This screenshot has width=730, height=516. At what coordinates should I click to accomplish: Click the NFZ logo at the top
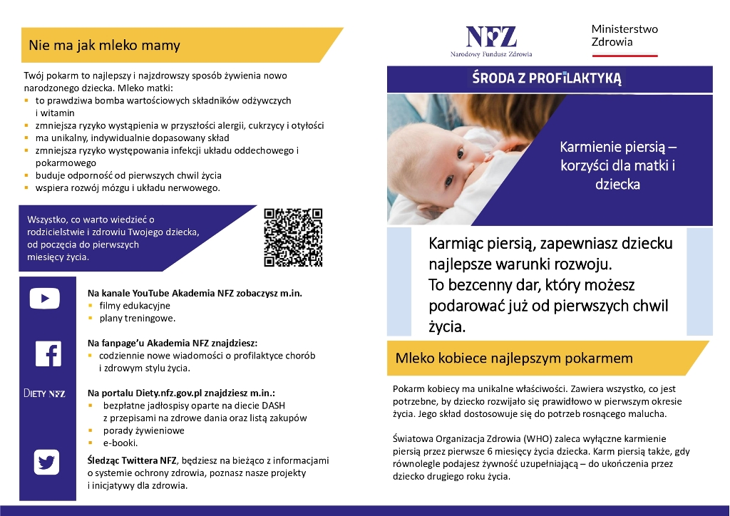click(491, 39)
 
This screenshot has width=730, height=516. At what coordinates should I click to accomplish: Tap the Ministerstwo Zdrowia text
click(624, 36)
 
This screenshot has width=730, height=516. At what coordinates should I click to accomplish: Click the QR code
click(293, 237)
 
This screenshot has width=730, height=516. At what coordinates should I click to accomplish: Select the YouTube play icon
click(44, 299)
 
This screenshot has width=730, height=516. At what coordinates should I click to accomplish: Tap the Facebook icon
click(48, 354)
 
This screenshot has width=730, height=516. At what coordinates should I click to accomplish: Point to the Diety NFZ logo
click(44, 393)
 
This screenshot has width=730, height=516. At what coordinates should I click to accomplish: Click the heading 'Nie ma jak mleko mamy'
click(104, 46)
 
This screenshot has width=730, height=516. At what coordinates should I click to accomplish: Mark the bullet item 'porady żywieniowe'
click(141, 430)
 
